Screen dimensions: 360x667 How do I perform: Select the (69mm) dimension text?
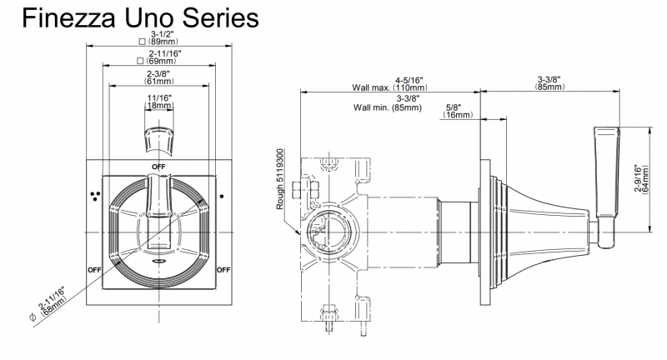click(160, 61)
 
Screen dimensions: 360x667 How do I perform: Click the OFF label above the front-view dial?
click(158, 167)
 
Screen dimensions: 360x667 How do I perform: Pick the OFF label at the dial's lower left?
click(94, 270)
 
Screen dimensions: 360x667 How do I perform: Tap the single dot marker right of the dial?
click(221, 196)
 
